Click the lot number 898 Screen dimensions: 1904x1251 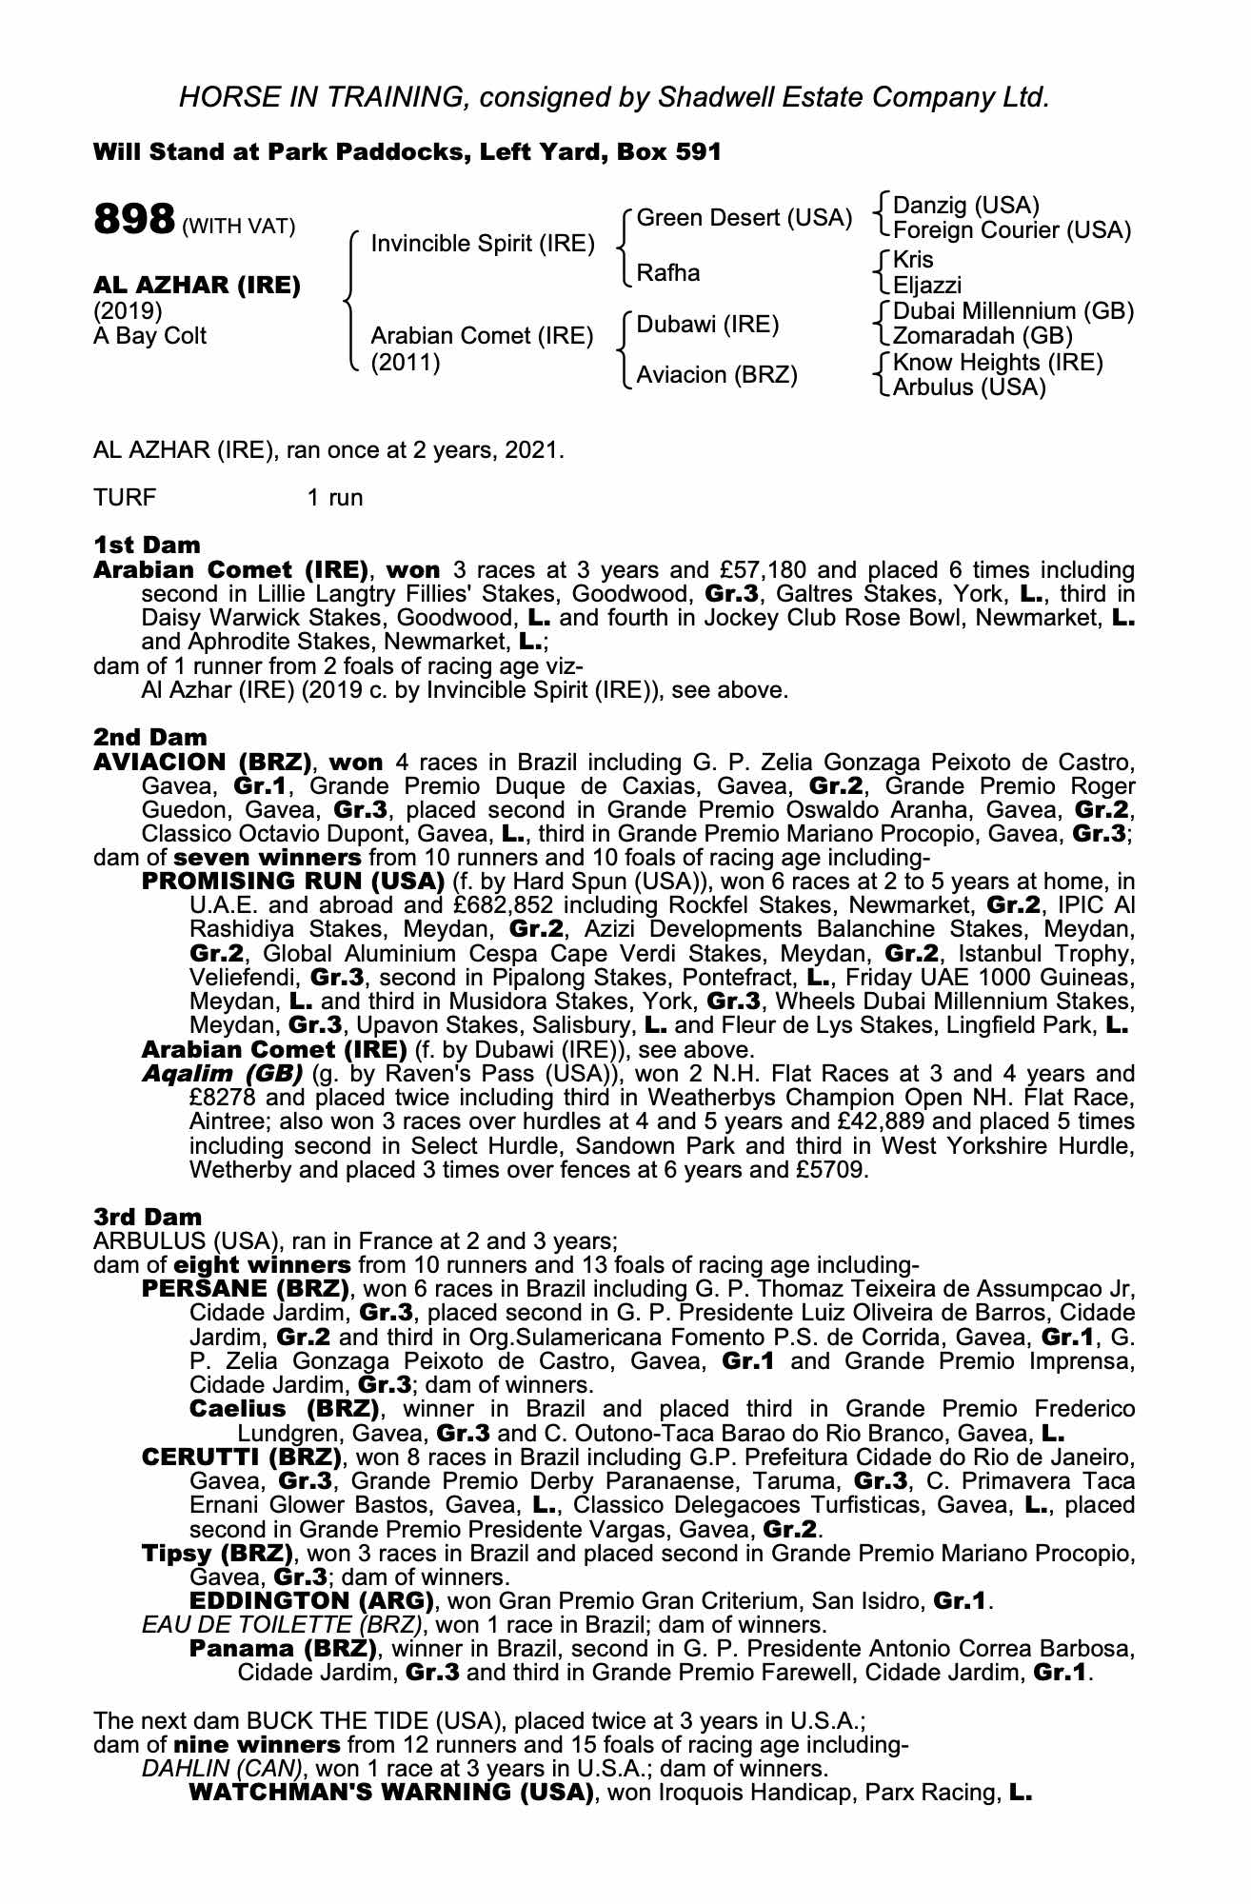coord(133,220)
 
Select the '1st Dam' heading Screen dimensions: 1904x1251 coord(148,545)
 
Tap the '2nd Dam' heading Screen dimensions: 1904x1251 coord(149,738)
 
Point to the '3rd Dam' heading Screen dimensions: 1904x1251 coord(148,1217)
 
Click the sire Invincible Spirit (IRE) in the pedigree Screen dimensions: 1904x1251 coord(483,244)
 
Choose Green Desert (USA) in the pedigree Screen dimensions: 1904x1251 coord(744,218)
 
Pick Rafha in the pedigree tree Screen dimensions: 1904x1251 coord(667,273)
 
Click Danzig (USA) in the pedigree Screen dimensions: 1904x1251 coord(965,205)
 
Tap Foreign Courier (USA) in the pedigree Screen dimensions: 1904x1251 coord(1012,230)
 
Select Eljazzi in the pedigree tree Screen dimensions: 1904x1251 coord(927,286)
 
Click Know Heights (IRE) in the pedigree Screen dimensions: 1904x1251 coord(998,363)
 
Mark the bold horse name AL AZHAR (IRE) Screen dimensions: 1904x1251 coord(197,286)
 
